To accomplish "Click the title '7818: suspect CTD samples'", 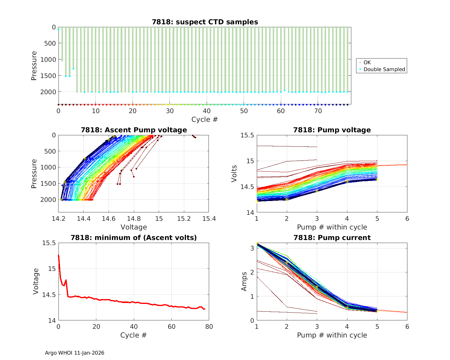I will pos(205,22).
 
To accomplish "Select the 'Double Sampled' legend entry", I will pos(384,69).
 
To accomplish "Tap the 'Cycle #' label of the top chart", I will pos(205,119).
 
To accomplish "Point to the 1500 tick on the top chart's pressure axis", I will pos(48,76).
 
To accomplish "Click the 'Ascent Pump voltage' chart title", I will pos(134,130).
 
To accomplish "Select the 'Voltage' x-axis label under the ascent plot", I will pos(134,227).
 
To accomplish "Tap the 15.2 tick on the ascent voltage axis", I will pos(184,219).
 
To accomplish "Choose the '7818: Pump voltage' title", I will pos(332,130).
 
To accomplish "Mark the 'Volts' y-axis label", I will pos(234,174).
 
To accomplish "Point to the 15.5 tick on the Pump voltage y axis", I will pos(247,135).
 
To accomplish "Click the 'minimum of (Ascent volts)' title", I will pos(134,238).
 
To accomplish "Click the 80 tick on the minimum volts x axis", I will pos(209,327).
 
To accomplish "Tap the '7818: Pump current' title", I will pos(332,238).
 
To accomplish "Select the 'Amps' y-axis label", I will pos(244,281).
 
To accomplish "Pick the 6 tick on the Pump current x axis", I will pos(407,327).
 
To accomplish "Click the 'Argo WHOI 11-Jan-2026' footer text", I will pos(75,353).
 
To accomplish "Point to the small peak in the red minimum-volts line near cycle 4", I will pos(66,280).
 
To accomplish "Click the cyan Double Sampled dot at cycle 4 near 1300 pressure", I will pos(73,69).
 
